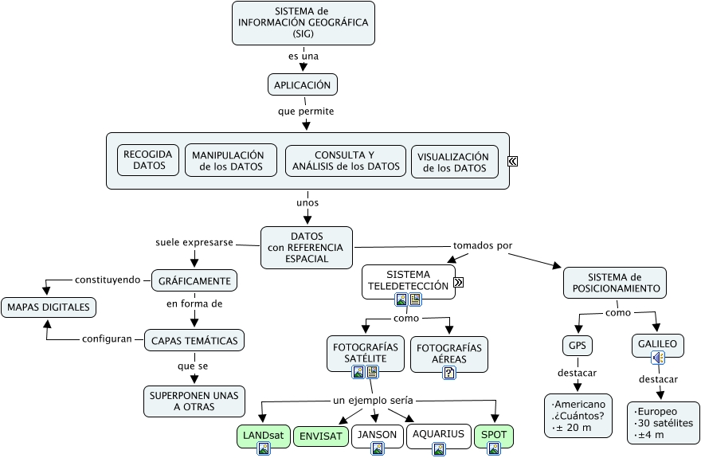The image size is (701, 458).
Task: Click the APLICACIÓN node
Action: point(303,84)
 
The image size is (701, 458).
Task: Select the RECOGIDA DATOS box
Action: point(149,160)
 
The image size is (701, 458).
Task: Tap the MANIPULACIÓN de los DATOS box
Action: point(231,160)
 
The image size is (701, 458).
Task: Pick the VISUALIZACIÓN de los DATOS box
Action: point(455,162)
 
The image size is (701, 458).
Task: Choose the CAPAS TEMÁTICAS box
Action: point(194,340)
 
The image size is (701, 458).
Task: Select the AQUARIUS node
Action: point(438,434)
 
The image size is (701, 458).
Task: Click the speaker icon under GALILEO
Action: point(658,358)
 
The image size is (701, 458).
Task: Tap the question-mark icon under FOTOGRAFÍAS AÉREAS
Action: point(449,371)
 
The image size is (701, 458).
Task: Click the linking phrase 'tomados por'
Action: point(483,245)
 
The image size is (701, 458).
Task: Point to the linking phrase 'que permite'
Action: point(306,111)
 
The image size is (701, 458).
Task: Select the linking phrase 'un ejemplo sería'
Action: point(373,400)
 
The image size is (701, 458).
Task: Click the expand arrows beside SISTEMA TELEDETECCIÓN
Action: point(460,282)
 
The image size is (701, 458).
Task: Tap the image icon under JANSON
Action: point(378,448)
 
